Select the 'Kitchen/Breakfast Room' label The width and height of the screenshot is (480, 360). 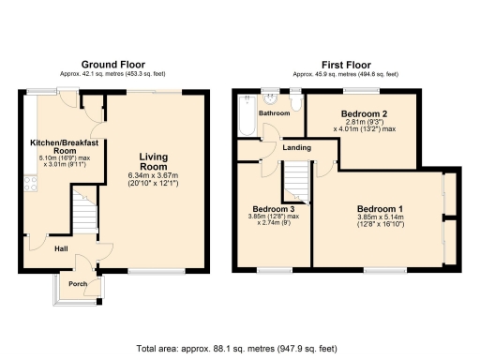coord(65,146)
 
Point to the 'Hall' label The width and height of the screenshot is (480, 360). coord(59,248)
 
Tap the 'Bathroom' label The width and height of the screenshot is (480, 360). coord(275,113)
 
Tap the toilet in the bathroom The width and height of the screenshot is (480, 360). coord(295,100)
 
